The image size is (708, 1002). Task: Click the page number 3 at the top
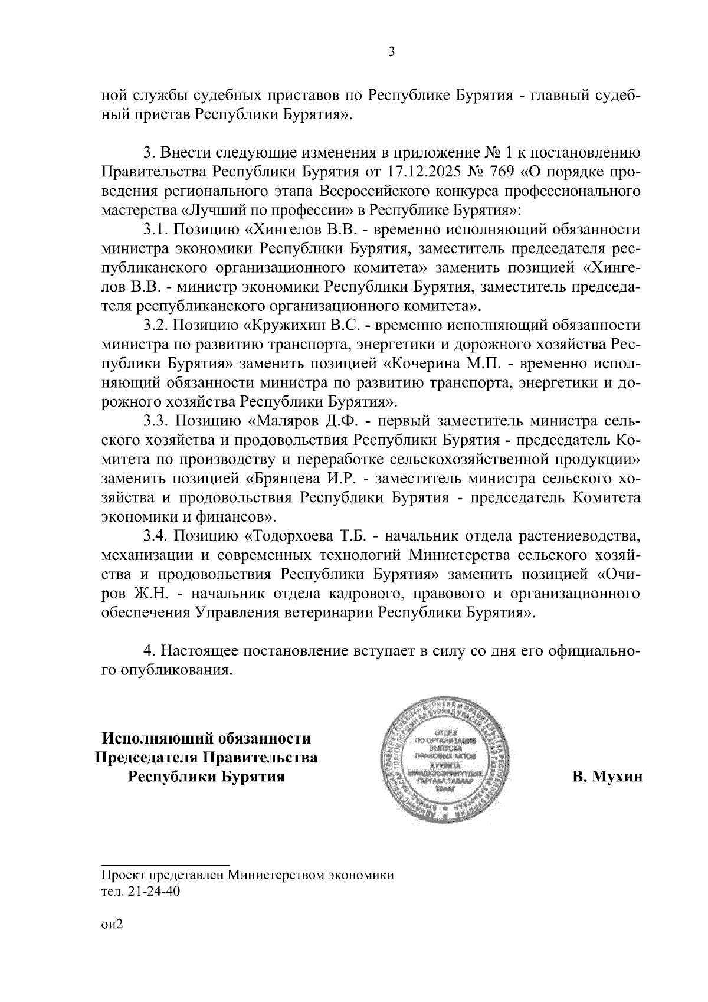391,52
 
